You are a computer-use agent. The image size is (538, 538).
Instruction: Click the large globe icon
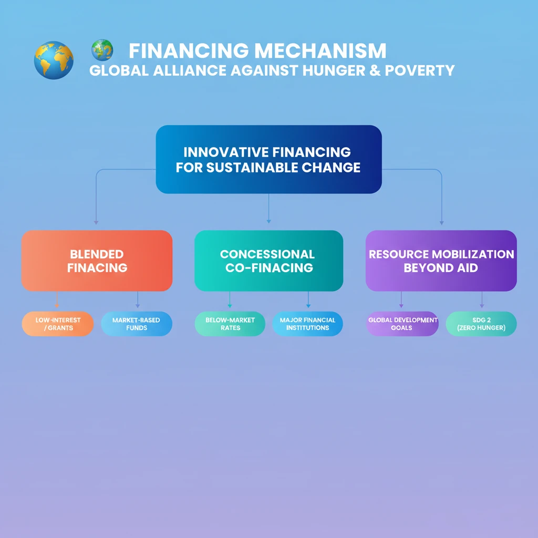54,60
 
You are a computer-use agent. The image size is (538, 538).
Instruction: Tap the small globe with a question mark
102,50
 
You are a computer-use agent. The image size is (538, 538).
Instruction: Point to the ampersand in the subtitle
376,70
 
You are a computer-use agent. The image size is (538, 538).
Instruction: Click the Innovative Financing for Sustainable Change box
268,159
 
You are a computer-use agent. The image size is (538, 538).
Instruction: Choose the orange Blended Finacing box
97,261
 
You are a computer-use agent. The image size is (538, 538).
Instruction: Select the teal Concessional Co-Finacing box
268,261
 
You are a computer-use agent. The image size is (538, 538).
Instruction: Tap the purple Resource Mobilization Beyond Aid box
441,261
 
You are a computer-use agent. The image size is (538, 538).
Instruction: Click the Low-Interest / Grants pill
58,324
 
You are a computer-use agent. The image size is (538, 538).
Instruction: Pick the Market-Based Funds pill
136,324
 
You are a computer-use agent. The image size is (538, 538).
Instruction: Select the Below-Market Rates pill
230,324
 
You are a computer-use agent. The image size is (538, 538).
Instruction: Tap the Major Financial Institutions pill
307,324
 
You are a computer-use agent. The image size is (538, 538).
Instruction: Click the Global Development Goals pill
402,324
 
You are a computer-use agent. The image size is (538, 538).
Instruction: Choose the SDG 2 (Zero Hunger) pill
481,324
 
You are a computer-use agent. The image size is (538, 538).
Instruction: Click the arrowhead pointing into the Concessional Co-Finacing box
268,221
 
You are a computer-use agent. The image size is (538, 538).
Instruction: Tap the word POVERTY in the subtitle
420,70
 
